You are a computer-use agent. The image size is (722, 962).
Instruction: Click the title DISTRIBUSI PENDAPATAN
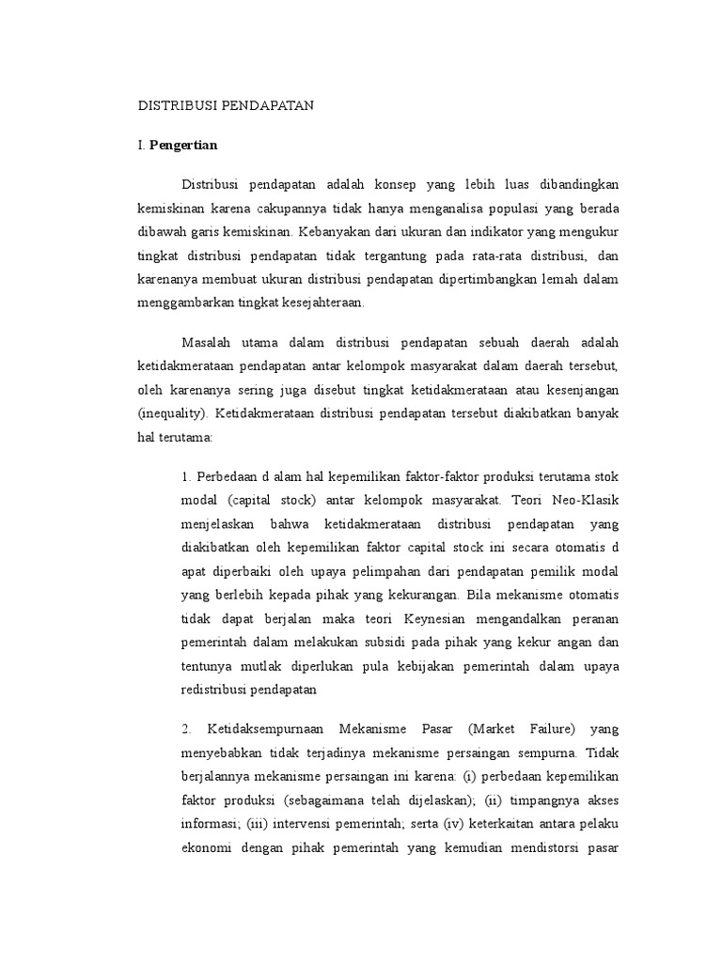click(x=226, y=107)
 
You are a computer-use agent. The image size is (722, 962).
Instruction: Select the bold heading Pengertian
click(x=184, y=146)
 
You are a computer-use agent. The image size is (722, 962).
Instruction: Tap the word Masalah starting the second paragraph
click(x=207, y=340)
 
